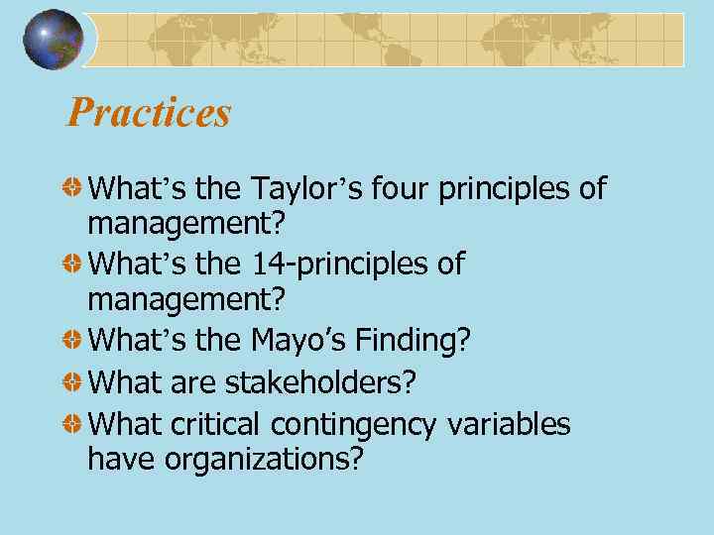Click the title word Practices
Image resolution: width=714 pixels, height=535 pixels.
(149, 113)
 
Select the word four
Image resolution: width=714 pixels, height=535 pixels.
(403, 187)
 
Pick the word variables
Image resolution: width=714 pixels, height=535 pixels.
(508, 423)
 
